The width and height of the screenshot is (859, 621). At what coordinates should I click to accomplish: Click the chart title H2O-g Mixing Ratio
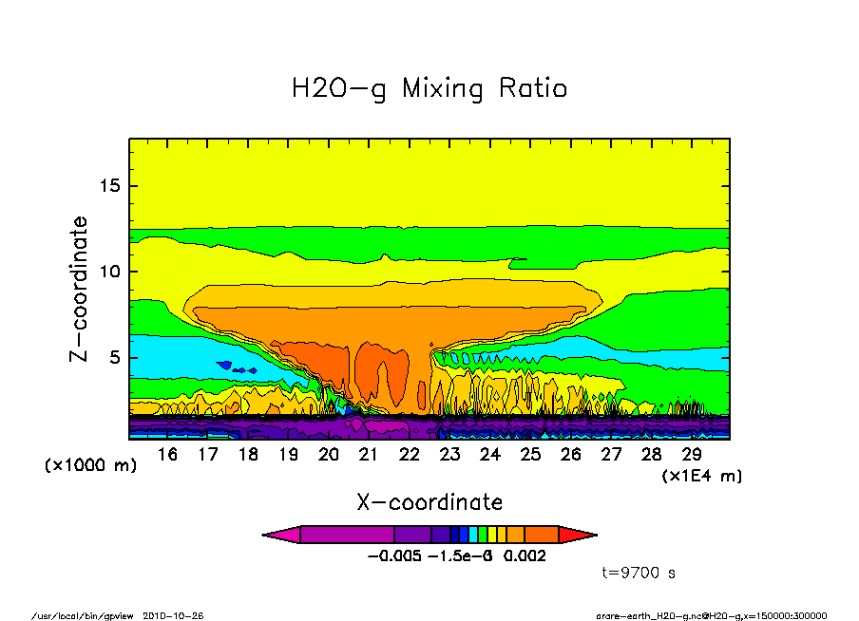click(x=429, y=89)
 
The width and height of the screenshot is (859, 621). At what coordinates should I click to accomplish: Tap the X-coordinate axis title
click(x=429, y=501)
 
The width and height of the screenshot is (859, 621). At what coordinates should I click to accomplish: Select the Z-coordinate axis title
click(x=80, y=290)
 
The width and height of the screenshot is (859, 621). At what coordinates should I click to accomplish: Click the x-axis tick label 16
click(x=167, y=455)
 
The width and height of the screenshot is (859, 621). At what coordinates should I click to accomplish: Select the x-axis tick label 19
click(x=288, y=455)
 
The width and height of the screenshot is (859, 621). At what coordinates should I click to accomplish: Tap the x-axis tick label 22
click(x=410, y=455)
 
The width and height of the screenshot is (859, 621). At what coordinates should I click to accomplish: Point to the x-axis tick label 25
click(x=530, y=455)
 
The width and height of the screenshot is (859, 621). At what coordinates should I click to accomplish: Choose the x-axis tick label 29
click(x=692, y=455)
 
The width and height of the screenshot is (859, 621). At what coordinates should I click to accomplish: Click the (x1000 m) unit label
click(x=91, y=466)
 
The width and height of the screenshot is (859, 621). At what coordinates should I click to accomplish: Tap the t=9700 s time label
click(x=639, y=573)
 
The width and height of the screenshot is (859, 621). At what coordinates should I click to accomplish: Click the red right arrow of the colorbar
click(x=578, y=535)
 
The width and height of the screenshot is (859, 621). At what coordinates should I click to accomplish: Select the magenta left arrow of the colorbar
click(x=281, y=535)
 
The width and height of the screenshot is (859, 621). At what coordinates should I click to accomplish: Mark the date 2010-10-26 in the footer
click(x=173, y=615)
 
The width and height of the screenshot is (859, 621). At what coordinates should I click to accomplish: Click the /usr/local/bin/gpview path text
click(x=86, y=615)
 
